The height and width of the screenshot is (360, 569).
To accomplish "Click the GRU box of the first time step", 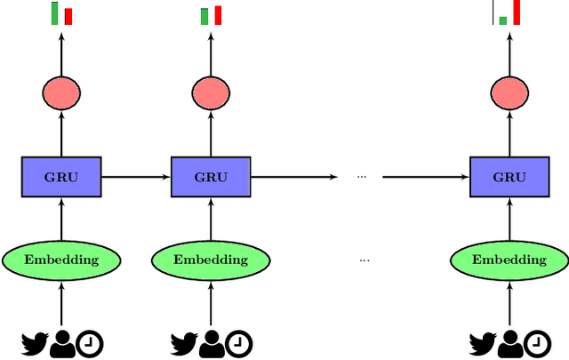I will click(x=61, y=177).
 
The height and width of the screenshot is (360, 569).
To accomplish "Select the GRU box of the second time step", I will click(x=212, y=177).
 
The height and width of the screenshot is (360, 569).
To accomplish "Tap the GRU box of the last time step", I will click(x=509, y=177).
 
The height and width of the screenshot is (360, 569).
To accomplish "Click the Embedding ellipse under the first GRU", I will click(x=61, y=260).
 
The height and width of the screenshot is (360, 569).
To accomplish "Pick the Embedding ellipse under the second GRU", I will click(x=212, y=260).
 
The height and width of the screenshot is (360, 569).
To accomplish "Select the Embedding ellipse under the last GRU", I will click(x=509, y=260).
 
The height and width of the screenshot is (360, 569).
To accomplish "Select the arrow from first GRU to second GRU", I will click(x=136, y=177).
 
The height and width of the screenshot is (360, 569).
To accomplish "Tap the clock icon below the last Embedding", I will click(x=537, y=342).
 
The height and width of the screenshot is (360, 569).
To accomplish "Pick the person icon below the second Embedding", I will click(x=212, y=342).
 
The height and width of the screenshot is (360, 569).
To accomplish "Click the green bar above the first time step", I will click(x=55, y=12).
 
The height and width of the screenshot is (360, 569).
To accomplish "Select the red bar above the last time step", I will click(x=517, y=12).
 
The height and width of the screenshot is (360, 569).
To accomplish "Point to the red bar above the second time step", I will click(x=218, y=15).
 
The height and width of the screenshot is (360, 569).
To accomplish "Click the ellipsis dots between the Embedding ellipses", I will click(x=365, y=260).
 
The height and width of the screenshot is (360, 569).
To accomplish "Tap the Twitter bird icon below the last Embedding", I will click(x=482, y=341).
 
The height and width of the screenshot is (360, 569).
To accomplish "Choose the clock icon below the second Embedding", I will click(x=238, y=342).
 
